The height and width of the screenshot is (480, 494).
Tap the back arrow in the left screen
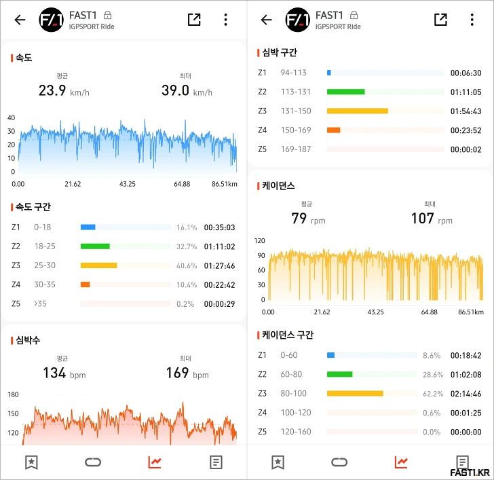(20, 20)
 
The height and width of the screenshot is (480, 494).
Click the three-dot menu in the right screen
(472, 20)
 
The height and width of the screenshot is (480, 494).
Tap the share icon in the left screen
(194, 20)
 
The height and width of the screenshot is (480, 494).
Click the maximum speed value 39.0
(175, 90)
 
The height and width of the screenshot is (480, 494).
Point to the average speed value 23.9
(52, 90)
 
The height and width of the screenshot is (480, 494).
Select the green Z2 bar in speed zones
(95, 246)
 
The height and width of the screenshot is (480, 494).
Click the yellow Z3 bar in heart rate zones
(357, 111)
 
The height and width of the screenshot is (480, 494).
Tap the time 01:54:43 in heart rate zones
(466, 111)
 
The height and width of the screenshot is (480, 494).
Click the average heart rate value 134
(54, 373)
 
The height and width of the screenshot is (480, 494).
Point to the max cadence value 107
(422, 219)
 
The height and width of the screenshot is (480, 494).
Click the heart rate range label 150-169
(295, 130)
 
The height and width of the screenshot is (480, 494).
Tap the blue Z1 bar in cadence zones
(330, 355)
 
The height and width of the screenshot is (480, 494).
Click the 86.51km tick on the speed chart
(224, 184)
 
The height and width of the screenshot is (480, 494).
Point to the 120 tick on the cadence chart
(260, 240)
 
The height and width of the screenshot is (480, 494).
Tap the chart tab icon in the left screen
(155, 462)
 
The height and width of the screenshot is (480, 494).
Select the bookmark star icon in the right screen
(278, 462)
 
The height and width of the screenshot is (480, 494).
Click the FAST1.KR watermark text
(470, 472)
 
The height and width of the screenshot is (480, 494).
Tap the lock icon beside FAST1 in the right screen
(354, 15)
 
